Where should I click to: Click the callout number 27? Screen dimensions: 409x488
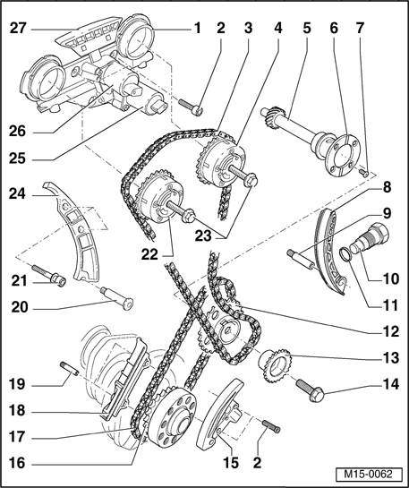[x=18, y=29]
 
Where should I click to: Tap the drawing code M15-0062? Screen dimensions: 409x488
[x=368, y=474]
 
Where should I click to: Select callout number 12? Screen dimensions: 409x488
[x=389, y=331]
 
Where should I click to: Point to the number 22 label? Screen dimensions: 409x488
[x=149, y=254]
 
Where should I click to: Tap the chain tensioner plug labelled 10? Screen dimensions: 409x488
[x=371, y=238]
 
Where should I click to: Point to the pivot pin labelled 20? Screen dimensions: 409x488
[x=116, y=299]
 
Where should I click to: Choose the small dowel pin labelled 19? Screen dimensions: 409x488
[x=69, y=368]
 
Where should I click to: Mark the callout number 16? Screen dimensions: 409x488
[x=17, y=463]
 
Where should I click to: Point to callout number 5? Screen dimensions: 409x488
[x=306, y=29]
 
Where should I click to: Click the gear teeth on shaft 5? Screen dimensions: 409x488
[x=272, y=116]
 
